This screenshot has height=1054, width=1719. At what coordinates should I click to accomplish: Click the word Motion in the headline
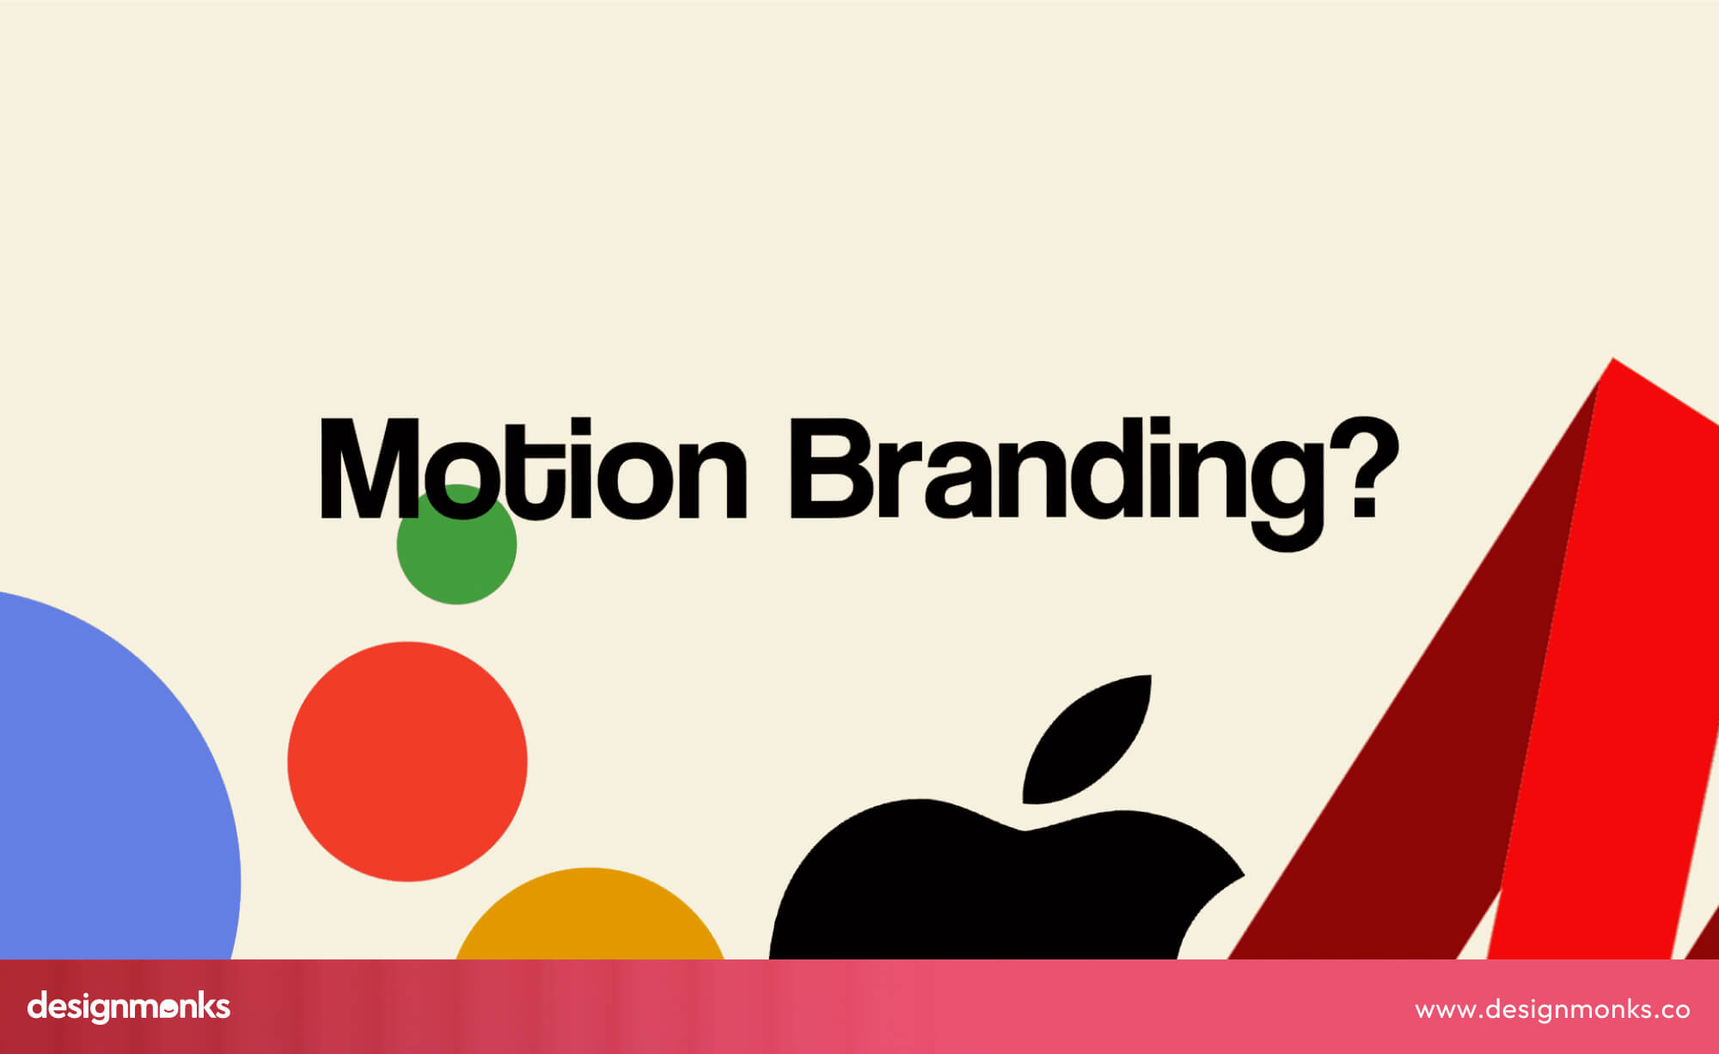pos(533,469)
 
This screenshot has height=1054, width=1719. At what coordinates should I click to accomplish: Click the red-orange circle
pos(407,762)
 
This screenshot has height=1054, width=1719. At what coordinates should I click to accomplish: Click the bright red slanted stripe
pos(1616,688)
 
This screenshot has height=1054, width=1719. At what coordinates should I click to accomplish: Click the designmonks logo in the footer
pos(129,1007)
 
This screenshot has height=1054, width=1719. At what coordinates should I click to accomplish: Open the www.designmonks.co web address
pos(1552,1009)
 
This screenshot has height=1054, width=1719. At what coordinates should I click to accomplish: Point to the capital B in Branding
pos(830,469)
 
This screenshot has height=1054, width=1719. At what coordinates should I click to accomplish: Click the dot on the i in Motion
pos(581,426)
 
